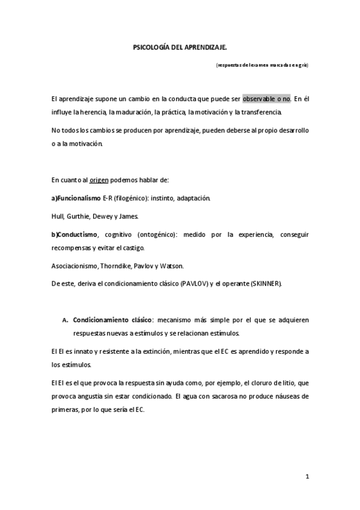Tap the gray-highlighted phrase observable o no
pyautogui.click(x=266, y=98)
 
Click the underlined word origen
pyautogui.click(x=99, y=180)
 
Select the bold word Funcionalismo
pyautogui.click(x=80, y=198)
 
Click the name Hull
pyautogui.click(x=58, y=215)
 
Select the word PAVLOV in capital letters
pyautogui.click(x=192, y=283)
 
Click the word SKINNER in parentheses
pyautogui.click(x=264, y=283)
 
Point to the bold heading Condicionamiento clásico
pyautogui.click(x=112, y=319)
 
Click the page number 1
pyautogui.click(x=307, y=477)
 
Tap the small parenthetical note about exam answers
pyautogui.click(x=262, y=64)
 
